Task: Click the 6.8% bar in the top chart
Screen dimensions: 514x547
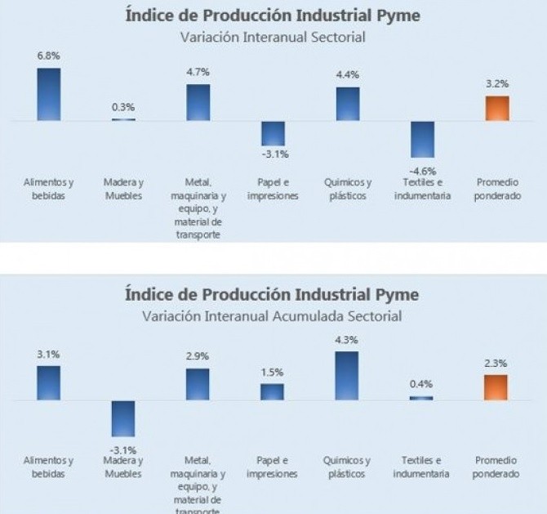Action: tap(49, 94)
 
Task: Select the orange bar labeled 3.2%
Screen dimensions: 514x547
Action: tap(497, 108)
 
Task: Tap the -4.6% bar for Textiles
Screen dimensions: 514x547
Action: tap(422, 139)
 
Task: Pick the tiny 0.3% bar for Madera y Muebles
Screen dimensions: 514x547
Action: tap(123, 119)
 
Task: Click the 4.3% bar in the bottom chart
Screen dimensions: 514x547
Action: tap(347, 375)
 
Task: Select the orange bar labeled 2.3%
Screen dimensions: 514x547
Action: tap(496, 387)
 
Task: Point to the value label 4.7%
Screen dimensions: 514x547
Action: tap(198, 72)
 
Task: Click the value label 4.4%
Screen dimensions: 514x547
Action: tap(348, 74)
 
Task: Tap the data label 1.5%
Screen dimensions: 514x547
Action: tap(273, 373)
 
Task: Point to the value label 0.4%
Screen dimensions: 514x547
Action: tap(422, 384)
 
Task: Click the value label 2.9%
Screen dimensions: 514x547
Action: tap(198, 356)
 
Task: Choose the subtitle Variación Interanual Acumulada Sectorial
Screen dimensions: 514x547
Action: tap(273, 315)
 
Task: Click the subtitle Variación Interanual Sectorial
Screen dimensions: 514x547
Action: tap(273, 37)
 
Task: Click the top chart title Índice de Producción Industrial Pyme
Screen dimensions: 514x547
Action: tap(273, 16)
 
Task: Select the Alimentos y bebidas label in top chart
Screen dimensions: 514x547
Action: tap(49, 189)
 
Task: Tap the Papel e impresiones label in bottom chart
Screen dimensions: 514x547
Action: tap(273, 467)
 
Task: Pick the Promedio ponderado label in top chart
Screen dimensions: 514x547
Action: tap(497, 189)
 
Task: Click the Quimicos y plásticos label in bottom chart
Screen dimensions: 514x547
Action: tap(348, 467)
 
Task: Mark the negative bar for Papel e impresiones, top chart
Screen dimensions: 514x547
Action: tap(273, 133)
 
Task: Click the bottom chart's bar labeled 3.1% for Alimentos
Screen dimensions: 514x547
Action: tap(49, 382)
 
